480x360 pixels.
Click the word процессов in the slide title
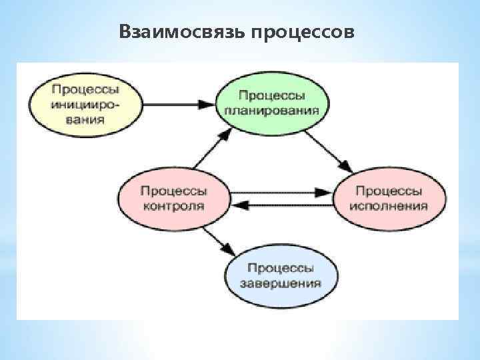click(x=303, y=31)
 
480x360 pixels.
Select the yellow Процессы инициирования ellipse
click(x=85, y=104)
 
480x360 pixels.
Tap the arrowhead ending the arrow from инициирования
click(x=207, y=104)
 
